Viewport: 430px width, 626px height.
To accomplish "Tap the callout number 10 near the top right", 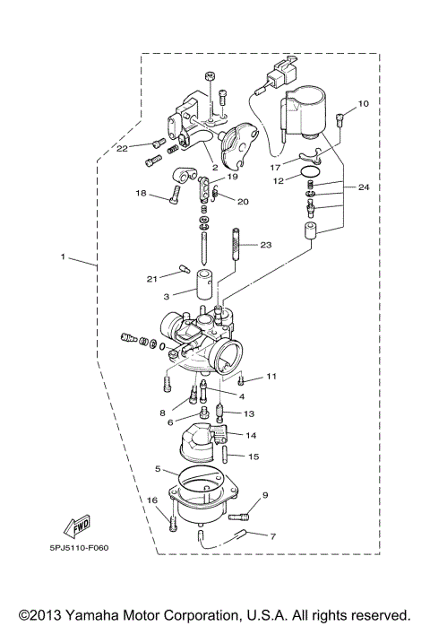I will [x=364, y=105].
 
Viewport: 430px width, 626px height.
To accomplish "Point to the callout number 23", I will [x=265, y=245].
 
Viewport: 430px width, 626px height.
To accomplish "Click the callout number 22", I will [x=122, y=147].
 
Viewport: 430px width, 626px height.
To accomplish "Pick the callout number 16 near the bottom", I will [x=151, y=500].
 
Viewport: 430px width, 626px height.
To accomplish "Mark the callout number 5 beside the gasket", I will [x=158, y=469].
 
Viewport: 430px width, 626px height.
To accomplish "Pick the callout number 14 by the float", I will [x=250, y=435].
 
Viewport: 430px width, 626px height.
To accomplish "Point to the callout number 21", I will [x=152, y=279].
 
